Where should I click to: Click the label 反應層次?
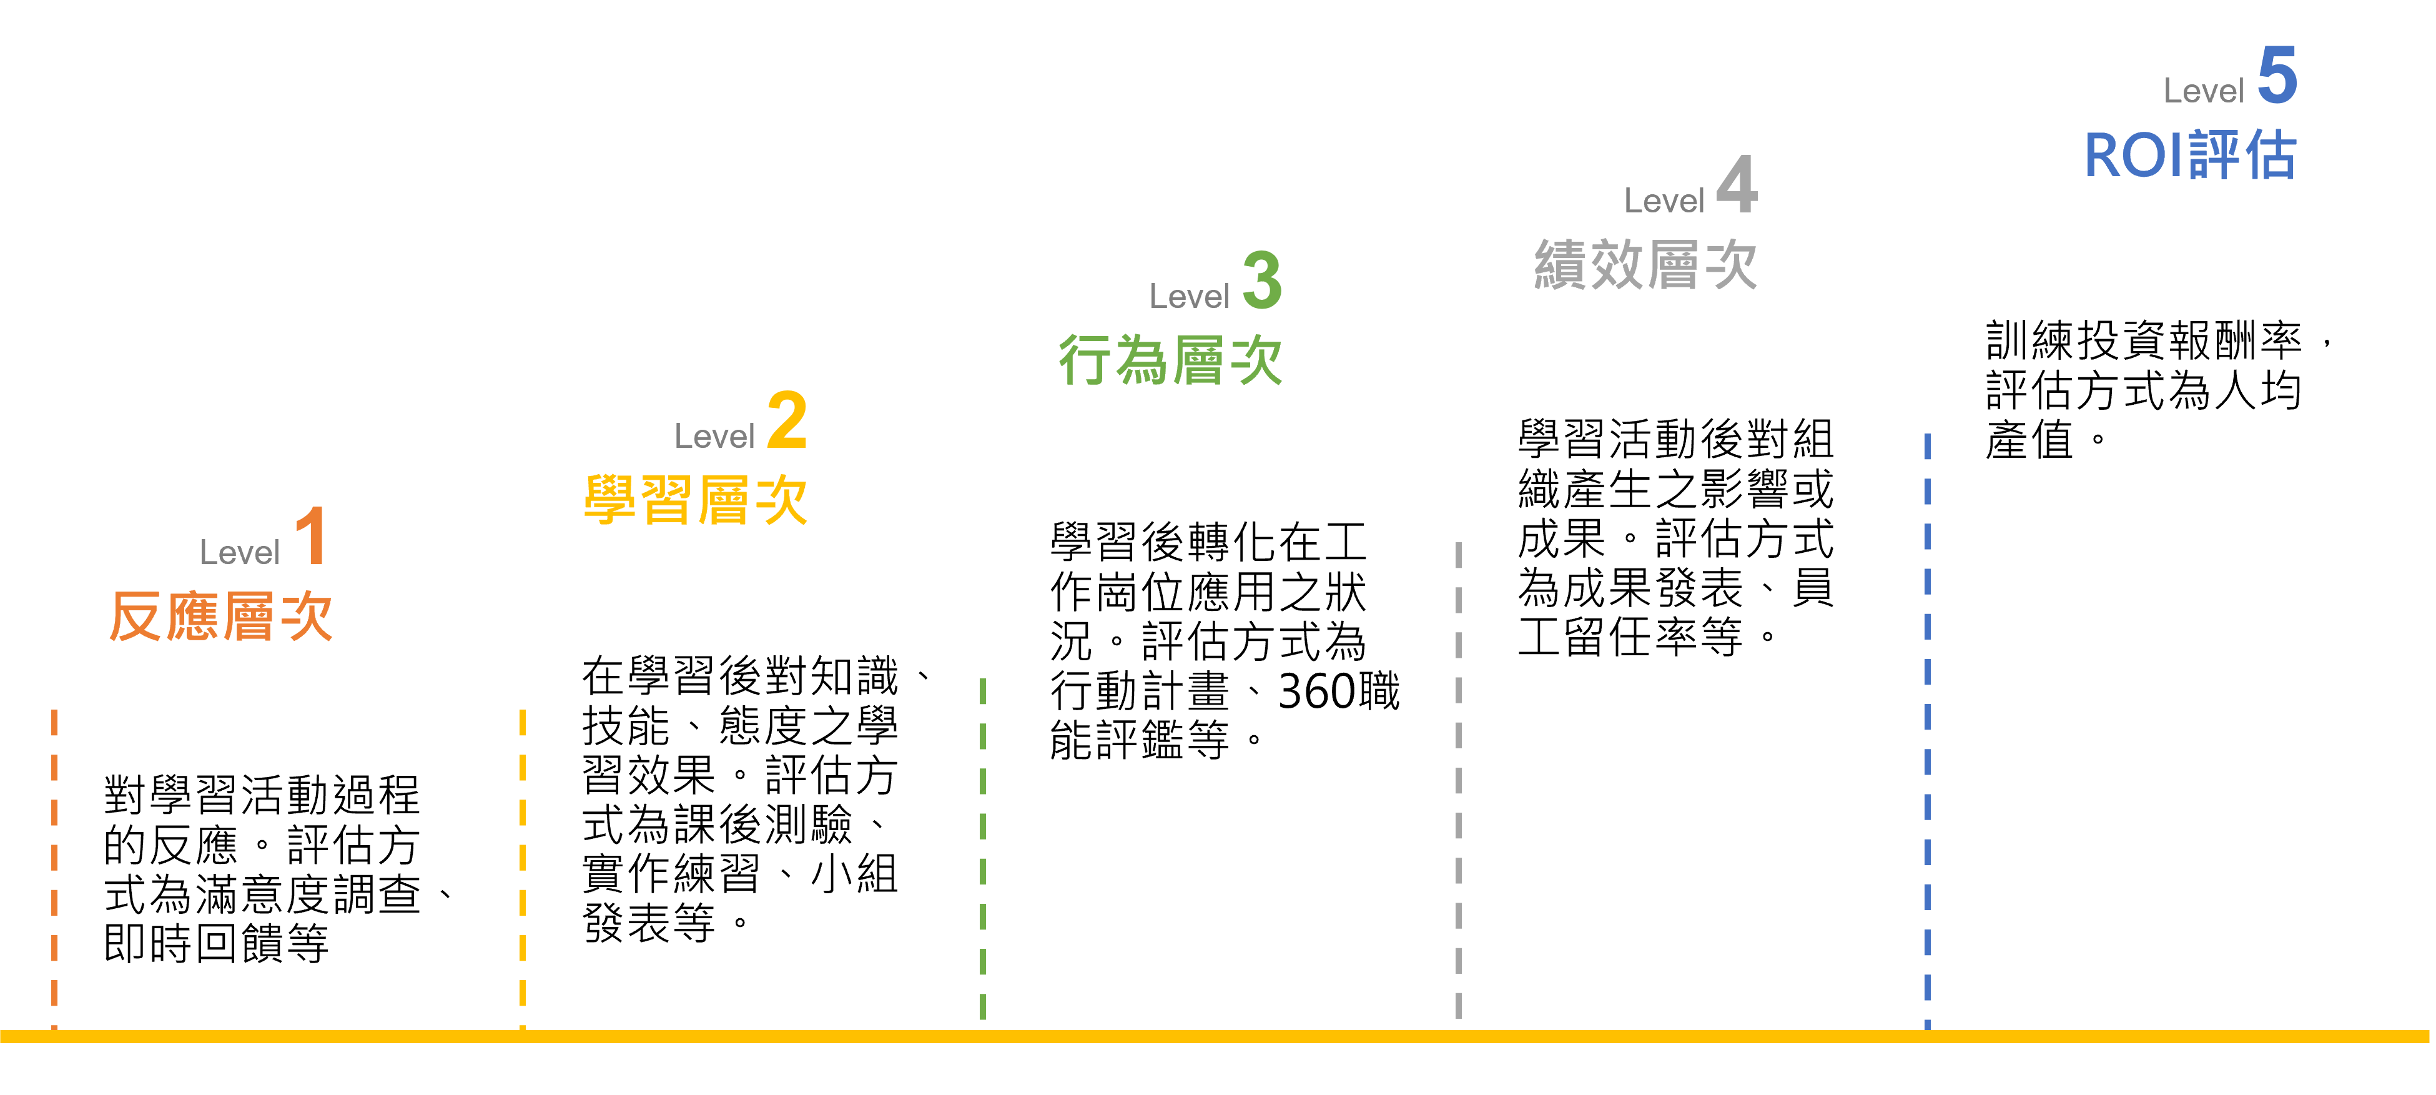(x=221, y=617)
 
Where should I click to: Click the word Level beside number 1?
(x=239, y=552)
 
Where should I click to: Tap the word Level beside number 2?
(x=714, y=436)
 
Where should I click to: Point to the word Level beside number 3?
(x=1189, y=297)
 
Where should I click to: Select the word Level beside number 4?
(x=1664, y=201)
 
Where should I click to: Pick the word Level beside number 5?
(x=2203, y=91)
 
